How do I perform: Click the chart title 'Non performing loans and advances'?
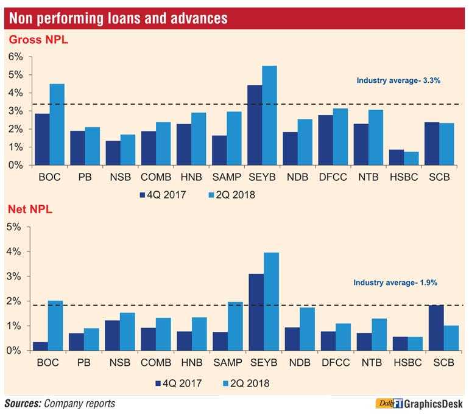(117, 18)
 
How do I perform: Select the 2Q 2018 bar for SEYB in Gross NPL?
(269, 116)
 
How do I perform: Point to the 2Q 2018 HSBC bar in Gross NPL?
(411, 158)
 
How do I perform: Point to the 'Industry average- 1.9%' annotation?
(395, 282)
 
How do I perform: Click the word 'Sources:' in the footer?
(25, 403)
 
